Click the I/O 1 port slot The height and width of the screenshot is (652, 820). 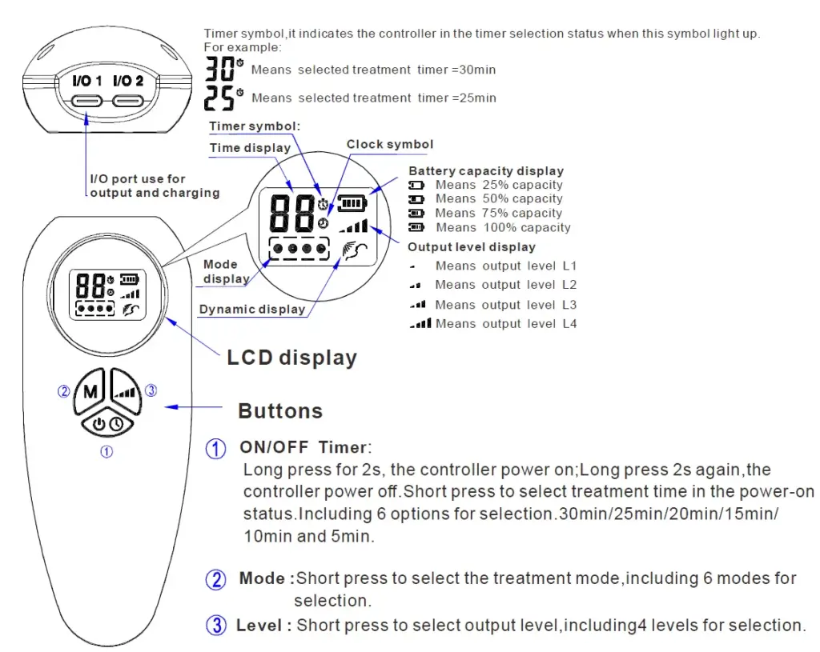pyautogui.click(x=87, y=101)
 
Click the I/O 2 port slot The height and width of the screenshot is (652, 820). pyautogui.click(x=128, y=101)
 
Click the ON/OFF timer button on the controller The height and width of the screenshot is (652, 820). pyautogui.click(x=107, y=424)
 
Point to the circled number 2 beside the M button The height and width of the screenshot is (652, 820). pyautogui.click(x=64, y=392)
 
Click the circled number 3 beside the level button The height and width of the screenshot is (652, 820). pyautogui.click(x=151, y=391)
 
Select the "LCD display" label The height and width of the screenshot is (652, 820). pyautogui.click(x=291, y=357)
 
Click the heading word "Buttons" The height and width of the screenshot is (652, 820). pyautogui.click(x=280, y=411)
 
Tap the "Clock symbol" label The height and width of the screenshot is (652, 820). pyautogui.click(x=390, y=145)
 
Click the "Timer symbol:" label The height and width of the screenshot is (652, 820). pyautogui.click(x=255, y=126)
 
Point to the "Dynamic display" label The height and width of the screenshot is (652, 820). pyautogui.click(x=252, y=310)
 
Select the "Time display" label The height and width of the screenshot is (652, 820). pyautogui.click(x=251, y=148)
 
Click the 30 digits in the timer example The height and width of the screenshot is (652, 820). pyautogui.click(x=219, y=70)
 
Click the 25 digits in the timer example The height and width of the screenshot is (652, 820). pyautogui.click(x=219, y=98)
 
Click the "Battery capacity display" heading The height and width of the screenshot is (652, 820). pyautogui.click(x=486, y=170)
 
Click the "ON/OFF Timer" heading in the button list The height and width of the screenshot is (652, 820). pyautogui.click(x=305, y=448)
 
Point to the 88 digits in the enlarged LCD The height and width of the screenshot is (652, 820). pyautogui.click(x=291, y=212)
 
